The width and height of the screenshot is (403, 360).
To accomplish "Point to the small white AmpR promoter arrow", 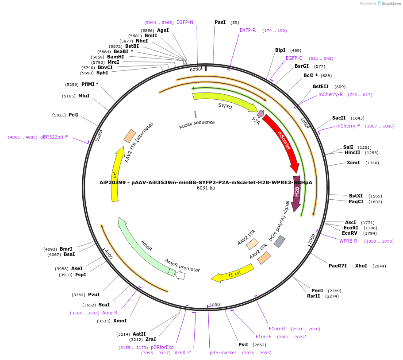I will click(x=180, y=275).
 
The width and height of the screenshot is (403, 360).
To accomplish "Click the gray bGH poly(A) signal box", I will click(x=280, y=241).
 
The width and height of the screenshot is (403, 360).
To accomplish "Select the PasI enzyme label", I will click(x=220, y=22).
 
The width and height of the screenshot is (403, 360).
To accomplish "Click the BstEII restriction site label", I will click(x=321, y=86).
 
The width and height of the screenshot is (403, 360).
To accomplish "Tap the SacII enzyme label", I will click(x=339, y=118).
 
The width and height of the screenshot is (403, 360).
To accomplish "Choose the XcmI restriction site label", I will click(x=353, y=163).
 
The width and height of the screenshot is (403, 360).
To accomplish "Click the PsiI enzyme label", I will click(x=243, y=345).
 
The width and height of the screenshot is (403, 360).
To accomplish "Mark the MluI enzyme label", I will click(x=84, y=96).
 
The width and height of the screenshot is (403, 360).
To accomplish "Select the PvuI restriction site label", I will click(x=94, y=294).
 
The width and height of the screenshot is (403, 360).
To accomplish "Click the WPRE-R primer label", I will click(x=348, y=241).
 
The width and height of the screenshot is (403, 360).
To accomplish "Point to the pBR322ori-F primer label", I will click(x=54, y=137).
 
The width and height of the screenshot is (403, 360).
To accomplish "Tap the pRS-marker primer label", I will click(x=223, y=352).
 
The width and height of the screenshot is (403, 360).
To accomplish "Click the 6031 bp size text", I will click(x=206, y=188).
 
